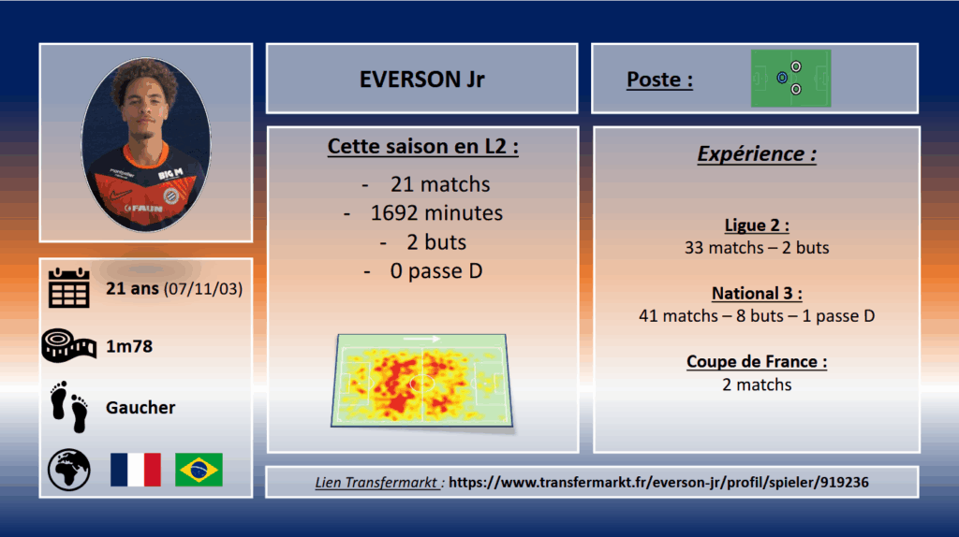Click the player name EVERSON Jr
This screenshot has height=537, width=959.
point(422,80)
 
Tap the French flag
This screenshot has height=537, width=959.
point(136,470)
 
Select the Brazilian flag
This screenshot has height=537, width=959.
point(199,470)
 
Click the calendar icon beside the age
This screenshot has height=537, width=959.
point(69,287)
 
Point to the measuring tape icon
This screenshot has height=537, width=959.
point(68,345)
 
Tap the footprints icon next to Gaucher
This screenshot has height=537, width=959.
point(69,407)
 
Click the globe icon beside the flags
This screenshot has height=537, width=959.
point(69,470)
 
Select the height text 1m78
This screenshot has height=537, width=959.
point(129,346)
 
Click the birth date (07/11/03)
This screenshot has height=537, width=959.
point(203,289)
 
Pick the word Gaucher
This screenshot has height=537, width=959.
point(140,408)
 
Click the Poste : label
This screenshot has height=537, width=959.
point(659,80)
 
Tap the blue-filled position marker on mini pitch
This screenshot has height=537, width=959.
point(782,78)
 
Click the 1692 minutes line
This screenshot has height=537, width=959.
point(436,213)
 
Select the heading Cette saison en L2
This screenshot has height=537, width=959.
point(422,147)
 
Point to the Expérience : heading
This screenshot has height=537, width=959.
point(757,154)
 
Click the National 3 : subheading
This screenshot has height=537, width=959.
point(757,293)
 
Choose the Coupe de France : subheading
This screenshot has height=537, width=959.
point(757,362)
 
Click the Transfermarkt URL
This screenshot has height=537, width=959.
point(658,482)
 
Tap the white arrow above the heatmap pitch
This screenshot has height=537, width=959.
point(421,339)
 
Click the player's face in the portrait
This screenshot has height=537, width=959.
point(145,112)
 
